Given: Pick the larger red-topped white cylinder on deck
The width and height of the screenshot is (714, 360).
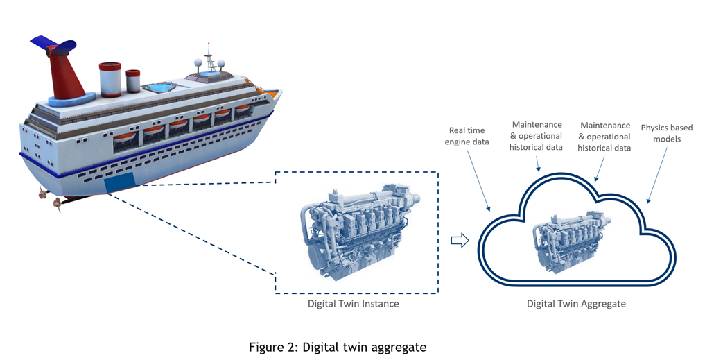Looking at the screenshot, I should point(110,79).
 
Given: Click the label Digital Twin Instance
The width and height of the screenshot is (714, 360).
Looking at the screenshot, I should point(353,304).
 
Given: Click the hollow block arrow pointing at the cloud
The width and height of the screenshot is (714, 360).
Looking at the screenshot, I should point(460,240).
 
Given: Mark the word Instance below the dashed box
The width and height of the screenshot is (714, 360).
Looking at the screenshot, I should point(381,304).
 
